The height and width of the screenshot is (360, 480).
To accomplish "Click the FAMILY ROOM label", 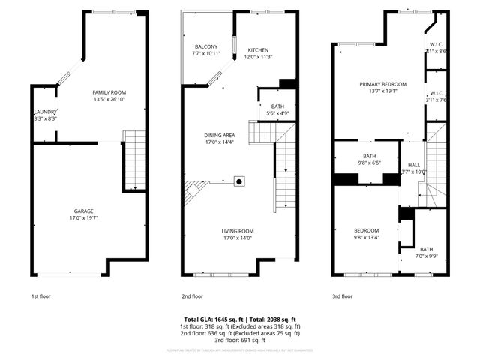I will pos(109,91).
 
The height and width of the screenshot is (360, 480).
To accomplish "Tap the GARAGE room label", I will pos(83,211).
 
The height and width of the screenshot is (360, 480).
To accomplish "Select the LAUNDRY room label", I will pos(44,112).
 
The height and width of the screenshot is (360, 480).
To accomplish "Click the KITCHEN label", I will pos(257,49).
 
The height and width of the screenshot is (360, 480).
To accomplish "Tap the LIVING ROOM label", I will pos(237,231).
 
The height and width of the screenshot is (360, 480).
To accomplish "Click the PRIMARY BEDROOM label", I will pos(382,84).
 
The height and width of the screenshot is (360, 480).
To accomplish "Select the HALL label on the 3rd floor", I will pos(414,165).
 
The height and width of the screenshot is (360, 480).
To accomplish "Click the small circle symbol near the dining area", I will pos(239,181).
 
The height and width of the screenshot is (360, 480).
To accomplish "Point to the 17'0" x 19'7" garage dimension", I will pos(83,218).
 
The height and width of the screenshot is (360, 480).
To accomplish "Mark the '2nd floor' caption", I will pos(193,295).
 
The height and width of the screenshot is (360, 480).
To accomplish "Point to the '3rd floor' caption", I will pos(342,295).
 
